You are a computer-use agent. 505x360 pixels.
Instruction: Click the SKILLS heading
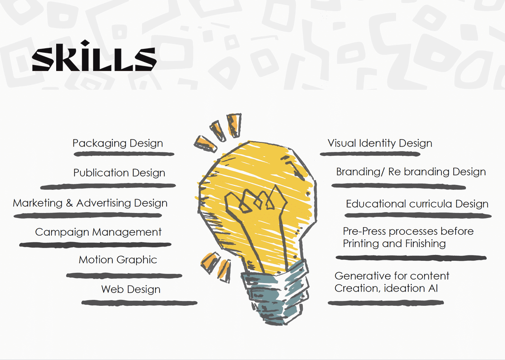pyautogui.click(x=94, y=56)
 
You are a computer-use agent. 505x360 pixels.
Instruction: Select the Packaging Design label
pyautogui.click(x=117, y=144)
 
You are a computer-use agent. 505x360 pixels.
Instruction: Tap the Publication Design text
pyautogui.click(x=119, y=173)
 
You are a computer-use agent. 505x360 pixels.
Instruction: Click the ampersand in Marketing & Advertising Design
pyautogui.click(x=69, y=203)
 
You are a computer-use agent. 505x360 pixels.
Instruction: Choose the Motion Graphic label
pyautogui.click(x=118, y=260)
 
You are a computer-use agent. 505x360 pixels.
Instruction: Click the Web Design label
pyautogui.click(x=131, y=289)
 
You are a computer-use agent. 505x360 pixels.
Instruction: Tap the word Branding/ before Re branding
pyautogui.click(x=361, y=172)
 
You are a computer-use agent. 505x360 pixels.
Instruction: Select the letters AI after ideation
pyautogui.click(x=433, y=288)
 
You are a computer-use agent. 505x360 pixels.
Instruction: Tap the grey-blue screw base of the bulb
pyautogui.click(x=275, y=293)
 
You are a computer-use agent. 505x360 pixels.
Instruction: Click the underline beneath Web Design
pyautogui.click(x=140, y=303)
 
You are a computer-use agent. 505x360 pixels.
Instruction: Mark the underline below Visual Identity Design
pyautogui.click(x=370, y=154)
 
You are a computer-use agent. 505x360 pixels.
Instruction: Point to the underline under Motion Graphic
pyautogui.click(x=124, y=276)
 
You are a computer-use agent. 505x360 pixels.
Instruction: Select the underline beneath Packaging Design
pyautogui.click(x=124, y=154)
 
